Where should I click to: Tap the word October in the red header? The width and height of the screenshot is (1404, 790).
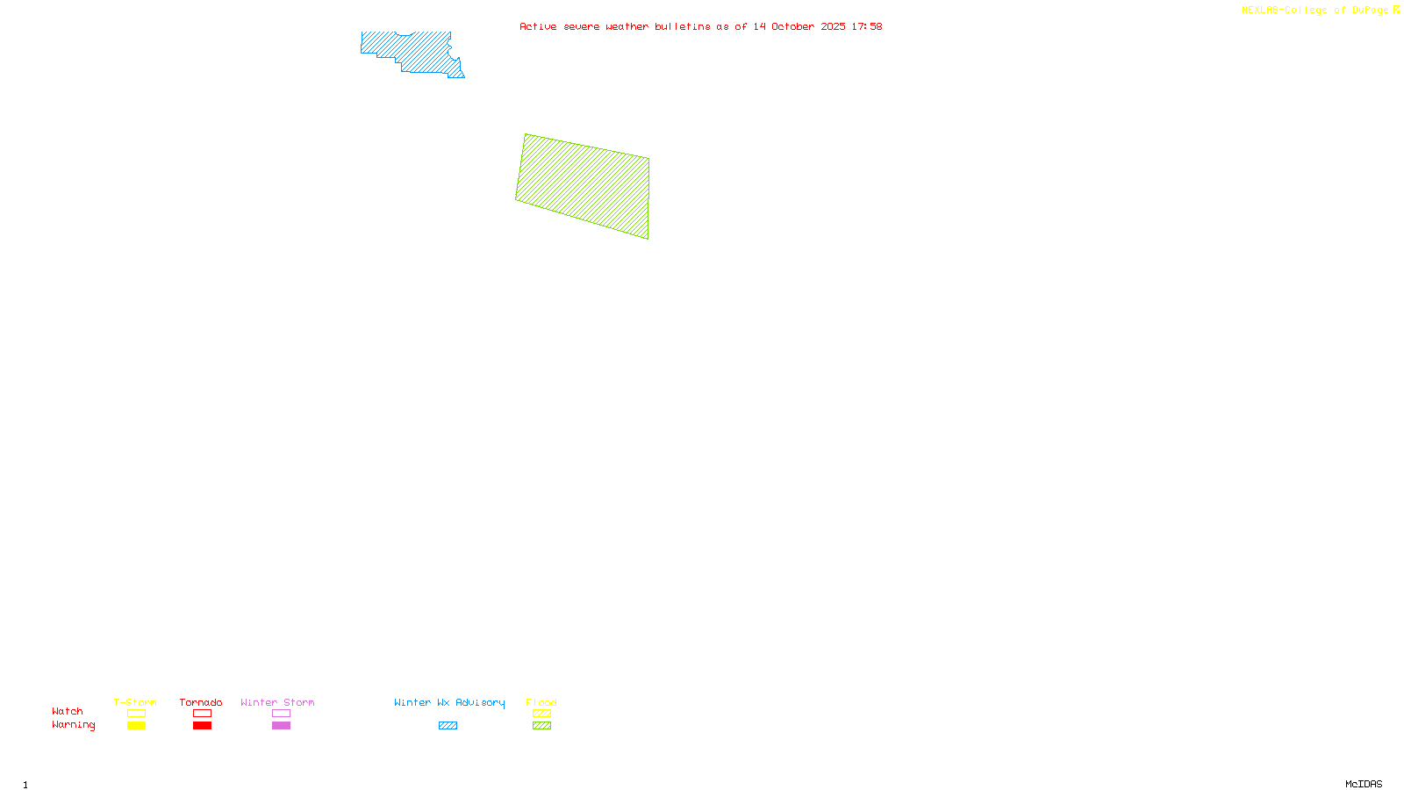tap(792, 26)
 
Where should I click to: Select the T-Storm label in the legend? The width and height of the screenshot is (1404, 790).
tap(135, 702)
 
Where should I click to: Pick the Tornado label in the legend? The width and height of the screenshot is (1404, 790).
tap(201, 702)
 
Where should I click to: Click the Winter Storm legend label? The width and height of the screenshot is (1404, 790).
tap(277, 702)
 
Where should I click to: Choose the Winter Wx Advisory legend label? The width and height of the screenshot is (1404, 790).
tap(449, 702)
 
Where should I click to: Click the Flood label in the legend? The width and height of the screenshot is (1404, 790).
tap(541, 702)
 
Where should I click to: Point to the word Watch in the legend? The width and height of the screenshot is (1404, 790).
tap(68, 711)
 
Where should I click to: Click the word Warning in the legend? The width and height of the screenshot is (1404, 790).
tap(73, 725)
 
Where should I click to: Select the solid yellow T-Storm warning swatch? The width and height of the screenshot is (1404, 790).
tap(136, 726)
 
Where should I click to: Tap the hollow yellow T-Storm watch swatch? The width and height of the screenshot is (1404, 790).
tap(136, 714)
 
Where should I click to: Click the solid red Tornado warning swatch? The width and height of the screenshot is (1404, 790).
tap(202, 726)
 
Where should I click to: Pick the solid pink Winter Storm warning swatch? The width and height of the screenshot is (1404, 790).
tap(281, 726)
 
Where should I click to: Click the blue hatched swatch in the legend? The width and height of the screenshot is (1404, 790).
tap(448, 726)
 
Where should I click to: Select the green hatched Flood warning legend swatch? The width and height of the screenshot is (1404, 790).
tap(541, 726)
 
